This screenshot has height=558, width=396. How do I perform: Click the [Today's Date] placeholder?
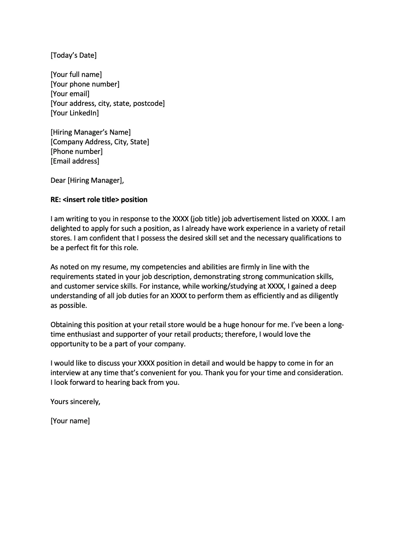pos(73,55)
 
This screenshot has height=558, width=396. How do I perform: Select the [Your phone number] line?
pos(85,84)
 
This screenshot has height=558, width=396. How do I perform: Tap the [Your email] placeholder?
pos(70,94)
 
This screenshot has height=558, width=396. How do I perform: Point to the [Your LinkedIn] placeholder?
pos(75,113)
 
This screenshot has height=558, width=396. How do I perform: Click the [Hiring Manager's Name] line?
pos(91,132)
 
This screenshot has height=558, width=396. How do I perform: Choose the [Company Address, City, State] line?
pos(100,142)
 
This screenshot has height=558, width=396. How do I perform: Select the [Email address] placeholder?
pos(75,161)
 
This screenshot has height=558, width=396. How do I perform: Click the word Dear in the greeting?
pos(58,180)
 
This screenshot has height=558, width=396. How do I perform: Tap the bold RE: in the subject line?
pos(56,200)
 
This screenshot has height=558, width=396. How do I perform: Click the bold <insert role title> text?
pos(91,200)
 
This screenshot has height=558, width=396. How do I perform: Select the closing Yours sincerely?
pos(75,402)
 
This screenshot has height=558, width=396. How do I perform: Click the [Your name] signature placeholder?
pos(70,421)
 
